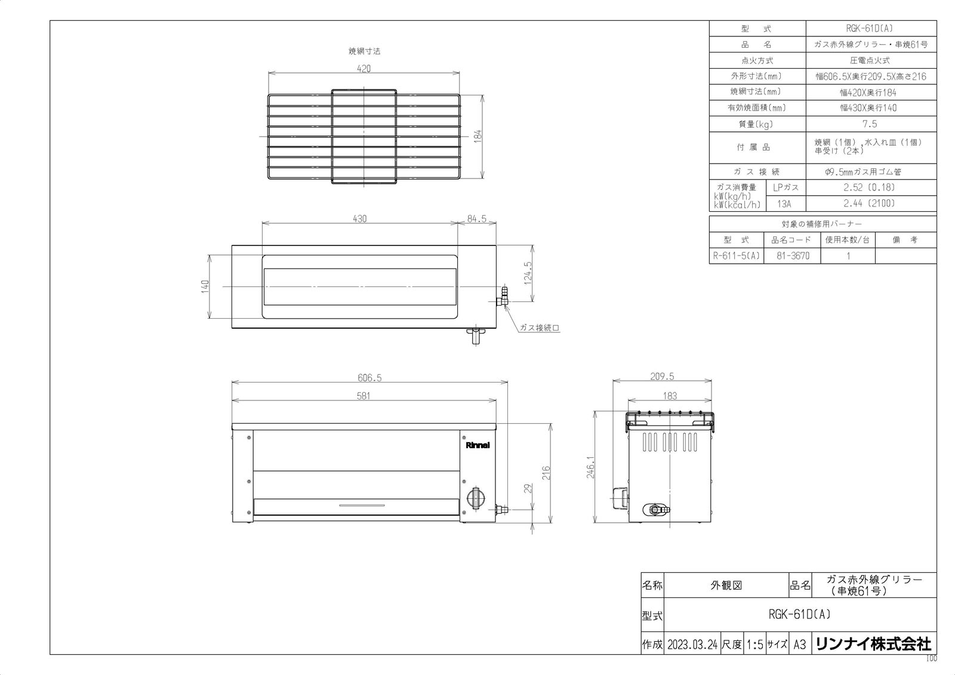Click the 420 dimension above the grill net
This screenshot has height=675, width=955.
(363, 69)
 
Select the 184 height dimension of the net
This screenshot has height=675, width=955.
(478, 136)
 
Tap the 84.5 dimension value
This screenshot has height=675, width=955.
(477, 219)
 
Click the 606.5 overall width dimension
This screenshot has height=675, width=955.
(369, 378)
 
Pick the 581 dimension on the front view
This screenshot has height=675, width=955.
(363, 396)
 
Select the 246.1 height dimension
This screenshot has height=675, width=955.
(590, 467)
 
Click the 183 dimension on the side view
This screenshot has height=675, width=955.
(670, 396)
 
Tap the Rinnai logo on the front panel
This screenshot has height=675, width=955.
(478, 445)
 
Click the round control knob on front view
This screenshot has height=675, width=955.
(476, 497)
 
